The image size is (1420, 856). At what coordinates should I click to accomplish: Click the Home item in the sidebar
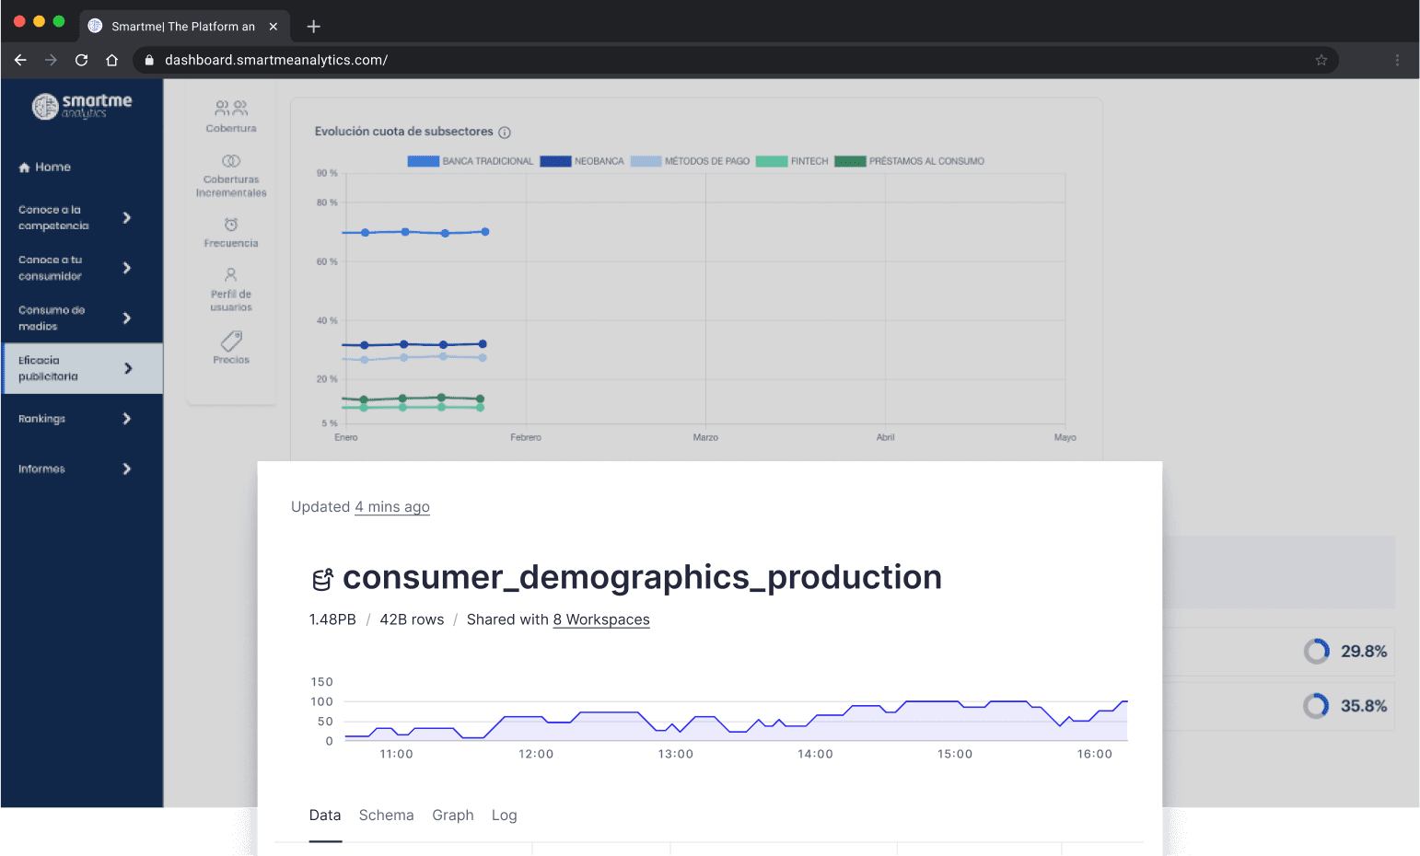(45, 168)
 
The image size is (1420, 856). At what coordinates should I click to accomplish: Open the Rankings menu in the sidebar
(42, 419)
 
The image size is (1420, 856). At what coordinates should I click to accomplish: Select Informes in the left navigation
(42, 469)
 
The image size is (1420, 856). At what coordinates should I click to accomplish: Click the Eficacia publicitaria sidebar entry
(49, 368)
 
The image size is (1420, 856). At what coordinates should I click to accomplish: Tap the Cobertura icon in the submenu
(231, 109)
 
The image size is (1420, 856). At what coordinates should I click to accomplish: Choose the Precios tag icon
(231, 341)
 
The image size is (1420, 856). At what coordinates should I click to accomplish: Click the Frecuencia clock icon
(231, 225)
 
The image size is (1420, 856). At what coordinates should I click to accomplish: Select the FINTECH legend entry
(809, 162)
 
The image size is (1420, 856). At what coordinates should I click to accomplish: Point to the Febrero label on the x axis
(526, 437)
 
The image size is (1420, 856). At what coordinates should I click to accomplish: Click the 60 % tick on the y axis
(327, 262)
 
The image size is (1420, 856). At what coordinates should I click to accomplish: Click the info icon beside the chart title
(505, 133)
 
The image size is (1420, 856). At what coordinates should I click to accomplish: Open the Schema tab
(386, 816)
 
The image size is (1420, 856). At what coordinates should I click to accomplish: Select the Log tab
(504, 816)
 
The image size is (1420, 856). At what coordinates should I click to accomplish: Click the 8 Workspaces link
(601, 620)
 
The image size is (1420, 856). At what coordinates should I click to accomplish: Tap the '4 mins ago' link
(392, 507)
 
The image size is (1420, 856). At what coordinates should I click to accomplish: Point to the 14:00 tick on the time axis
(815, 754)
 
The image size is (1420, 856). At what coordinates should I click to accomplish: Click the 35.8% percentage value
(1364, 706)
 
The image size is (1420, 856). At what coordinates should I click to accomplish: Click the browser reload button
(82, 60)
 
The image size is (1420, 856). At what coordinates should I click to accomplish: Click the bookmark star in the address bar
(1321, 60)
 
